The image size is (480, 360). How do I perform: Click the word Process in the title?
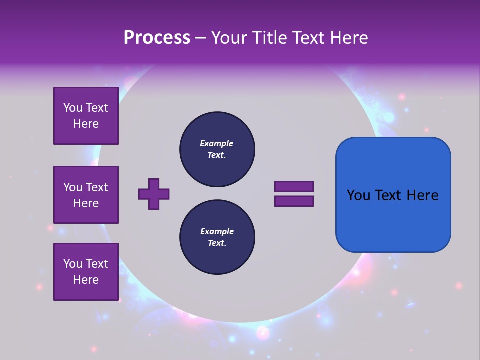[157, 38]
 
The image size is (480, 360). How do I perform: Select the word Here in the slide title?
[348, 38]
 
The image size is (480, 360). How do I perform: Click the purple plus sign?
[154, 194]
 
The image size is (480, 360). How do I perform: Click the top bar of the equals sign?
[294, 186]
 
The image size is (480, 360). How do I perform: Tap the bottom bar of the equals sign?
[294, 201]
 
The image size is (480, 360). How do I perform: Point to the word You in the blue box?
[358, 195]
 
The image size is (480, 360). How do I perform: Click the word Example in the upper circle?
[217, 143]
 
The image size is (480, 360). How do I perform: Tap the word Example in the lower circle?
[217, 231]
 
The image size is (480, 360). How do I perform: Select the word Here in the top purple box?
[86, 124]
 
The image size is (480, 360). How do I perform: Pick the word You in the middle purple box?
[72, 187]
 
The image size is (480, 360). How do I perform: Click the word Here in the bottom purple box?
[86, 280]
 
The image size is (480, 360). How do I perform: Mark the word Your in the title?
[228, 38]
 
